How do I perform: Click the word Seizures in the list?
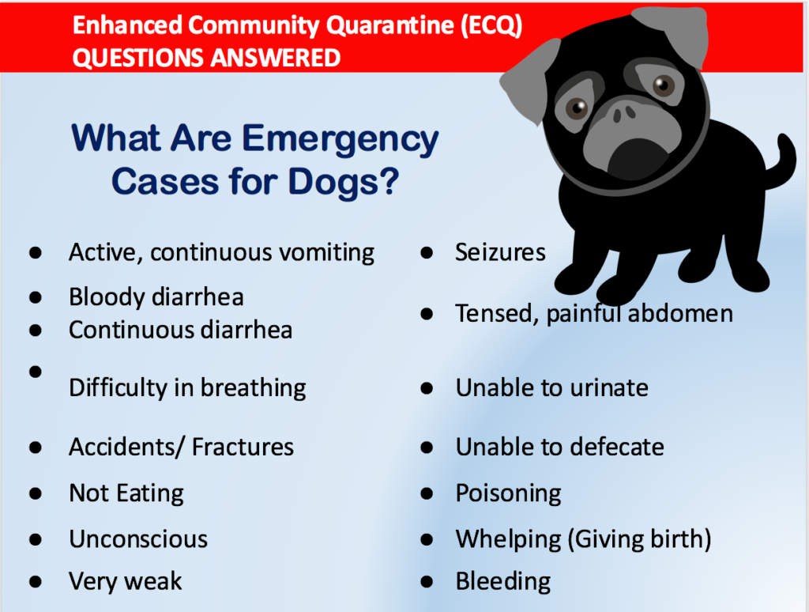click(500, 252)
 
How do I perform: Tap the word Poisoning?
click(508, 493)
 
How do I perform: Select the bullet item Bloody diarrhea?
click(156, 297)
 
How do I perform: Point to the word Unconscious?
click(138, 539)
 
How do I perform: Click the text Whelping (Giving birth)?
click(583, 539)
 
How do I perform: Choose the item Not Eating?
click(126, 493)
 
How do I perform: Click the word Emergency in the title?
click(341, 138)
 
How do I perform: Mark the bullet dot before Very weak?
click(35, 581)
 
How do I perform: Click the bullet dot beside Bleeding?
click(427, 581)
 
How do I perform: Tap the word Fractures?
click(243, 447)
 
